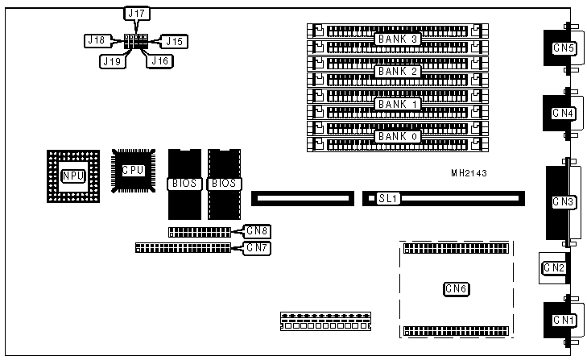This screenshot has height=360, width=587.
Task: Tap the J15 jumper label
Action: pyautogui.click(x=176, y=40)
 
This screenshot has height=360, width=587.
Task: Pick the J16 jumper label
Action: pyautogui.click(x=158, y=60)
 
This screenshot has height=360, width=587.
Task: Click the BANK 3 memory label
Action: pyautogui.click(x=399, y=39)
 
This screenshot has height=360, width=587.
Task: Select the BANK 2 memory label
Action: pyautogui.click(x=399, y=72)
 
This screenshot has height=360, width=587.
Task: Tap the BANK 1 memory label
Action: pyautogui.click(x=399, y=105)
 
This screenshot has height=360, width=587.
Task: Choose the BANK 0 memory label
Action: pyautogui.click(x=399, y=137)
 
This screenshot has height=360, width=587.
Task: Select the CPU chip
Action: pyautogui.click(x=133, y=170)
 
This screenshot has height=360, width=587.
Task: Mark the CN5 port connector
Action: pyautogui.click(x=563, y=48)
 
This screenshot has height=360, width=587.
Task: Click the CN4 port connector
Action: pyautogui.click(x=563, y=114)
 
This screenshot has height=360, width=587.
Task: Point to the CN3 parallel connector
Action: pyautogui.click(x=563, y=201)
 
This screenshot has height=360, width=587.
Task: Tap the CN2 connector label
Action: pyautogui.click(x=554, y=267)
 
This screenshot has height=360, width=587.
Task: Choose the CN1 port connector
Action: pyautogui.click(x=563, y=321)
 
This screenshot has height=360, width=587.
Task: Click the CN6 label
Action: pyautogui.click(x=457, y=288)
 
